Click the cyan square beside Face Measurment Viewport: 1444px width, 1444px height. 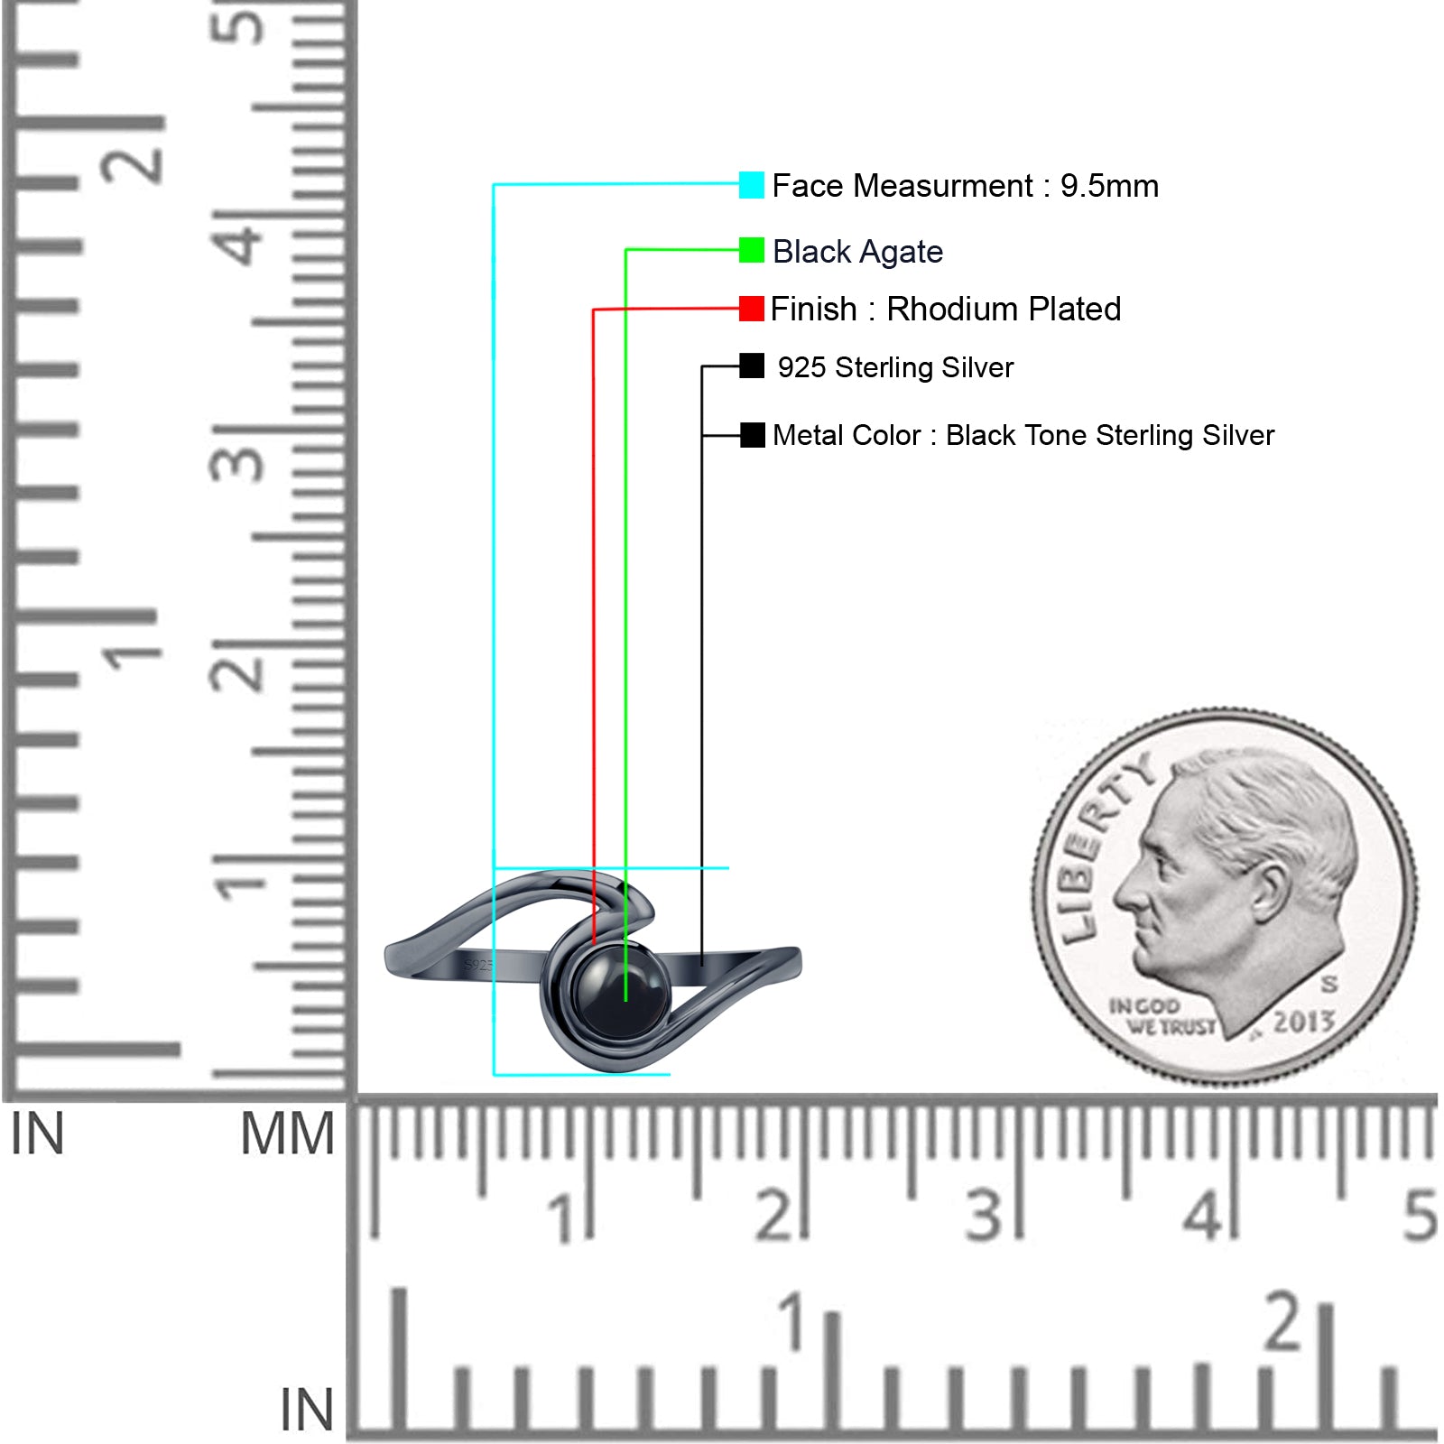click(x=751, y=185)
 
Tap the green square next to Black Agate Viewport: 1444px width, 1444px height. click(x=751, y=250)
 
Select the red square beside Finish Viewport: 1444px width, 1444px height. click(x=751, y=309)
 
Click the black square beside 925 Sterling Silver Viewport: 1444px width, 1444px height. click(x=751, y=366)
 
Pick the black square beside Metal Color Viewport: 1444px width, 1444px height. click(x=752, y=435)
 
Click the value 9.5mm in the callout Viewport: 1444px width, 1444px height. click(x=1109, y=186)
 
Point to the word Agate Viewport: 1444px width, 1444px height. click(x=902, y=253)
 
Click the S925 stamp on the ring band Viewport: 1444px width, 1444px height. click(x=478, y=966)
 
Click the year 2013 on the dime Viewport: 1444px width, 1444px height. click(x=1303, y=1022)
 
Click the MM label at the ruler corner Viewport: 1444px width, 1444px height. click(x=287, y=1134)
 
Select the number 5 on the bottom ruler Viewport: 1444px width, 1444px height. click(x=1420, y=1215)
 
